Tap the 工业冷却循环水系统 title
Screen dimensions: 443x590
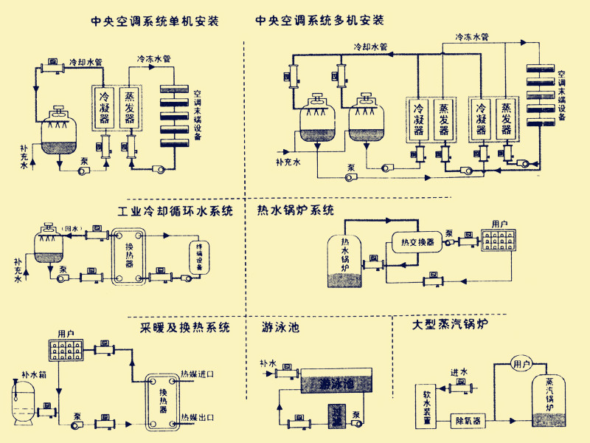(x=175, y=211)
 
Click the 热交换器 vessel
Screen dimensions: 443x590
(x=415, y=241)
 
